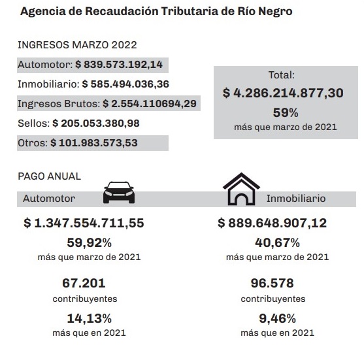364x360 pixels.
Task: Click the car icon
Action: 119,193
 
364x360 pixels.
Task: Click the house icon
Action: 241,189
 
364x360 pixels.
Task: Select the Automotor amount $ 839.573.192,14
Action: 119,65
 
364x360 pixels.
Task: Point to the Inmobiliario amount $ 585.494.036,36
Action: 125,84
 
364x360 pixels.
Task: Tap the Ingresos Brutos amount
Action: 150,103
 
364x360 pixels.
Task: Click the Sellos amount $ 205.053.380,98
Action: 96,123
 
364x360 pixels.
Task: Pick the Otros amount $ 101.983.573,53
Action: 94,142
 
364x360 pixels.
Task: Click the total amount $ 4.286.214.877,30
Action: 283,93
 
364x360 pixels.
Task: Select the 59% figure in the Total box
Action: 286,113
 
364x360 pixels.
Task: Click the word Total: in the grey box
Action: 282,75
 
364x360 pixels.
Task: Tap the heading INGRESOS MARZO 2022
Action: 77,45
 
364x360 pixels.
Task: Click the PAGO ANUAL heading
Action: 49,176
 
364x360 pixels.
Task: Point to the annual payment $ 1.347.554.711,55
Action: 84,223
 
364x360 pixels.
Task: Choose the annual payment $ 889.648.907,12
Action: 273,223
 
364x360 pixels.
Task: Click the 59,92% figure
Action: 90,243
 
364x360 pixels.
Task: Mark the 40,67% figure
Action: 277,243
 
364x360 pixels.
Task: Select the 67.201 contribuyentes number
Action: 84,283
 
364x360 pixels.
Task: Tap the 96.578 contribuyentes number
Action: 273,283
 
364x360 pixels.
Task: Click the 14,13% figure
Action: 90,318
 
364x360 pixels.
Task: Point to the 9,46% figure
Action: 277,318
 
